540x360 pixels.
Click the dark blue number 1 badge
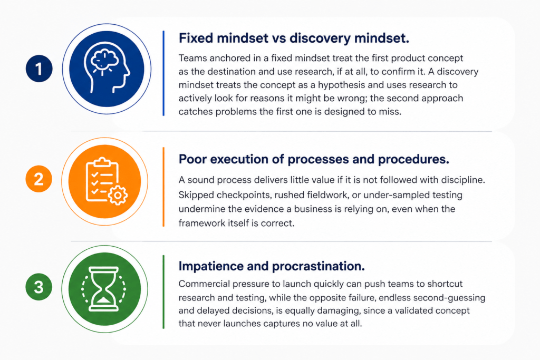(x=39, y=69)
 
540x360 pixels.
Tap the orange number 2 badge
(x=39, y=179)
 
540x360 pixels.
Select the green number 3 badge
(x=39, y=287)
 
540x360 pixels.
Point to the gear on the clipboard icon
(x=118, y=195)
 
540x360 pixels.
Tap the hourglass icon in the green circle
(x=104, y=289)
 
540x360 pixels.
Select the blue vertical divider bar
(x=163, y=73)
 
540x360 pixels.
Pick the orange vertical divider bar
(x=163, y=187)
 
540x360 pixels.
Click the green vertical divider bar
(x=163, y=291)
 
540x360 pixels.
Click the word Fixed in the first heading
(x=196, y=38)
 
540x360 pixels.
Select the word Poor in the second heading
(x=192, y=159)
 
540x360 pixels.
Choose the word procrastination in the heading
(x=318, y=266)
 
